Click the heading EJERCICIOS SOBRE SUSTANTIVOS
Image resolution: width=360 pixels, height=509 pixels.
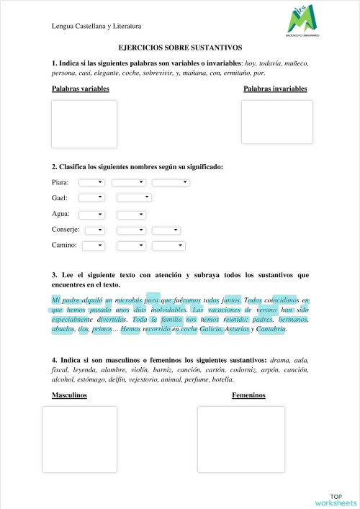[x=180, y=48]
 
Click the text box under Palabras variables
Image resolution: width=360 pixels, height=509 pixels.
[x=84, y=124]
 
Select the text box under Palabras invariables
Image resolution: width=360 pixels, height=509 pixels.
[x=276, y=122]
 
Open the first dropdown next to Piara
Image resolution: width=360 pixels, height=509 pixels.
[x=91, y=182]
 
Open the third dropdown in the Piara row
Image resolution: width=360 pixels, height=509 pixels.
[x=171, y=182]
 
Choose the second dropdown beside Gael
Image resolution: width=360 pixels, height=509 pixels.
[x=134, y=197]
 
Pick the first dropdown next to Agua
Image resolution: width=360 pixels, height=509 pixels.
[x=91, y=214]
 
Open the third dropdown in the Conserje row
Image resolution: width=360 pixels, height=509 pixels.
[x=166, y=230]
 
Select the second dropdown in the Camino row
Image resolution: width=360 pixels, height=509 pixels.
[x=132, y=246]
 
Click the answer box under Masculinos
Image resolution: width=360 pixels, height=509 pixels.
[x=79, y=439]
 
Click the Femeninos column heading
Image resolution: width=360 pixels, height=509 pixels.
[x=248, y=395]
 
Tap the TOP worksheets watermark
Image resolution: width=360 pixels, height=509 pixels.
[x=336, y=500]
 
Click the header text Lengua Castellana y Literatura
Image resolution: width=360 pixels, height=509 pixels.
[x=96, y=26]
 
